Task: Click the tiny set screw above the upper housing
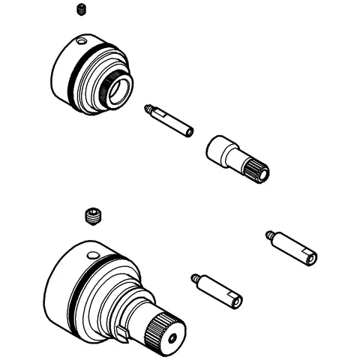pyautogui.click(x=80, y=9)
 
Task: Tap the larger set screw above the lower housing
pyautogui.click(x=93, y=216)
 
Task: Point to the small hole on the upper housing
pyautogui.click(x=83, y=40)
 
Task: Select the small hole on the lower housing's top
pyautogui.click(x=92, y=256)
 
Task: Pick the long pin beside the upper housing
pyautogui.click(x=171, y=120)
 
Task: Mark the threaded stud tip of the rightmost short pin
pyautogui.click(x=271, y=236)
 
